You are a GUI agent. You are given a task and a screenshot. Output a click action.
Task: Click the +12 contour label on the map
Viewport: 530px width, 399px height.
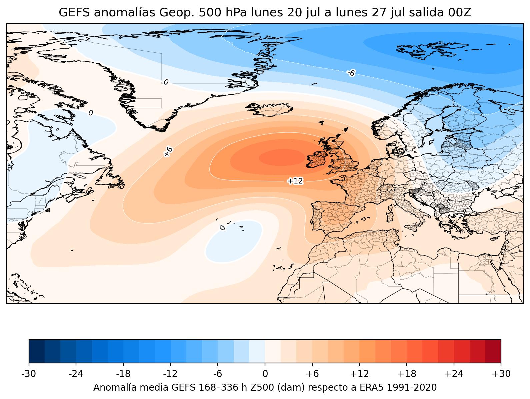tap(295, 181)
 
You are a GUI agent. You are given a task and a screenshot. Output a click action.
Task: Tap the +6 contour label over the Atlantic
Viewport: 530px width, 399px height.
tap(168, 151)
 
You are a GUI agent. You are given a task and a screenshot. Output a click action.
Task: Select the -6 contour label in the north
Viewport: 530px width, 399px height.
tap(351, 73)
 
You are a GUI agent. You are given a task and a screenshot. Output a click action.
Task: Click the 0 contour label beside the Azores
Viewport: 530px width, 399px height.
tap(222, 228)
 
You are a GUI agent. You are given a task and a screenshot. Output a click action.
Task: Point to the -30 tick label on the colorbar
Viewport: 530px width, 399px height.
tap(29, 374)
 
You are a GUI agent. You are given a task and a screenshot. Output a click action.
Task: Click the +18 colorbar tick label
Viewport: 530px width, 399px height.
tap(407, 374)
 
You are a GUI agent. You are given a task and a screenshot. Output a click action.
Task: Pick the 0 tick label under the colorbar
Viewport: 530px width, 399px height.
tap(265, 374)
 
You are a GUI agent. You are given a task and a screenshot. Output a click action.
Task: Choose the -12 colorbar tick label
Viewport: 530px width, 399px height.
tap(170, 374)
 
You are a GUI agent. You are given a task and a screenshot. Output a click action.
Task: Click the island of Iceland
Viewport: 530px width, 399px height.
tap(269, 109)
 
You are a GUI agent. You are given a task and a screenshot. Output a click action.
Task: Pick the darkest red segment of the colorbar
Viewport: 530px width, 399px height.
tap(493, 351)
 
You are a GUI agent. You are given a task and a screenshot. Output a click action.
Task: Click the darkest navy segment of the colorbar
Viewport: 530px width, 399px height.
tap(37, 351)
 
